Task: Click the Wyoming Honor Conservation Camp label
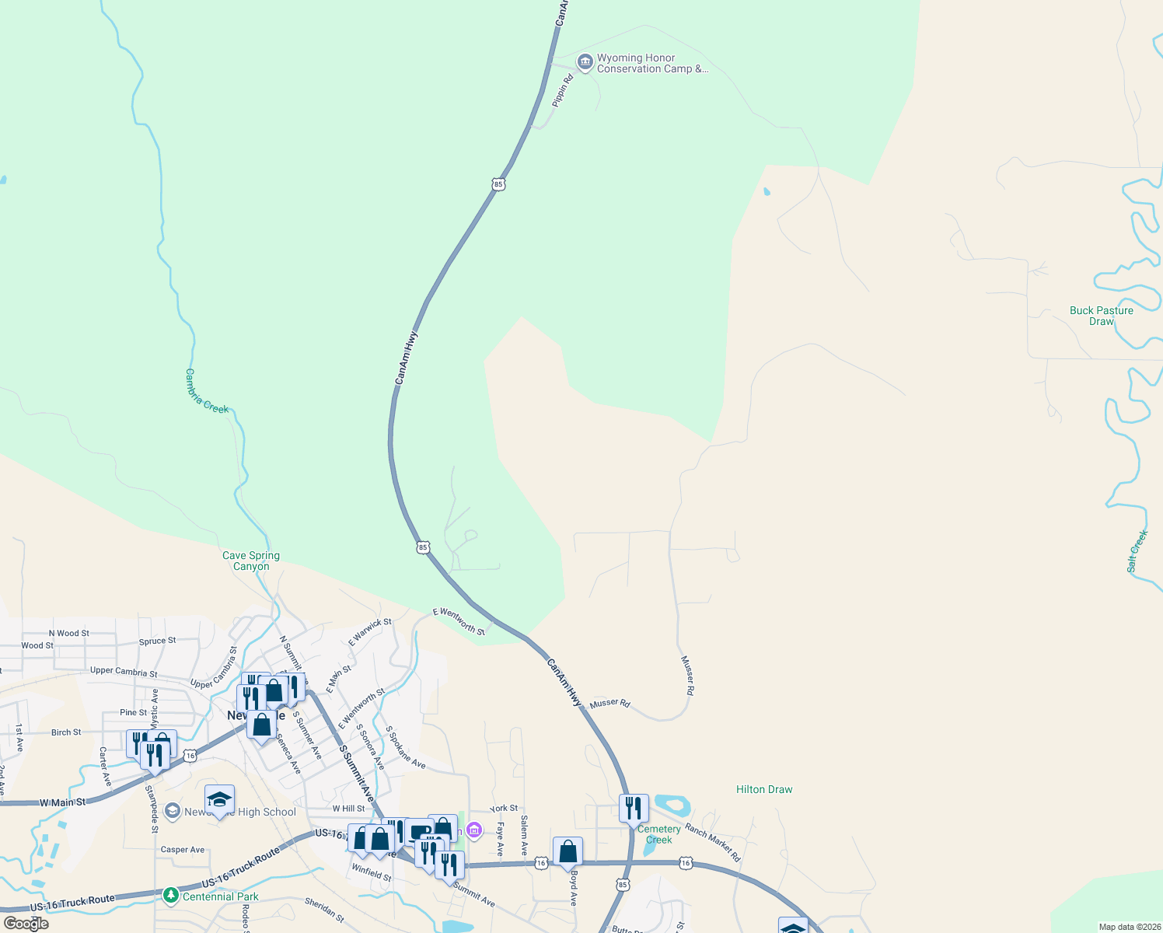pyautogui.click(x=651, y=64)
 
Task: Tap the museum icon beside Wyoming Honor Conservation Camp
pyautogui.click(x=585, y=61)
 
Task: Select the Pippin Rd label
pyautogui.click(x=562, y=90)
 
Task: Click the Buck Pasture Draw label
pyautogui.click(x=1101, y=316)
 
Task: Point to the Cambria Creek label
pyautogui.click(x=207, y=391)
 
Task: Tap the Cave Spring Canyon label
pyautogui.click(x=251, y=561)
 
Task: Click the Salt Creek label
pyautogui.click(x=1137, y=551)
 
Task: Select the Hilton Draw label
pyautogui.click(x=764, y=789)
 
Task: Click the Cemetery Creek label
pyautogui.click(x=658, y=834)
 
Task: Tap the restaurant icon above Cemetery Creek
pyautogui.click(x=634, y=809)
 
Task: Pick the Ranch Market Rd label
pyautogui.click(x=713, y=841)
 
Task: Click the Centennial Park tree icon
pyautogui.click(x=171, y=896)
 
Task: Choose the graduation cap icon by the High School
pyautogui.click(x=219, y=800)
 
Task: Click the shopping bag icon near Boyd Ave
pyautogui.click(x=568, y=851)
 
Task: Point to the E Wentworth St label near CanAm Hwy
pyautogui.click(x=459, y=621)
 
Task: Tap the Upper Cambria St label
pyautogui.click(x=124, y=671)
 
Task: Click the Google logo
pyautogui.click(x=26, y=924)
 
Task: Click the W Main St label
pyautogui.click(x=62, y=802)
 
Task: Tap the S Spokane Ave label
pyautogui.click(x=406, y=748)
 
